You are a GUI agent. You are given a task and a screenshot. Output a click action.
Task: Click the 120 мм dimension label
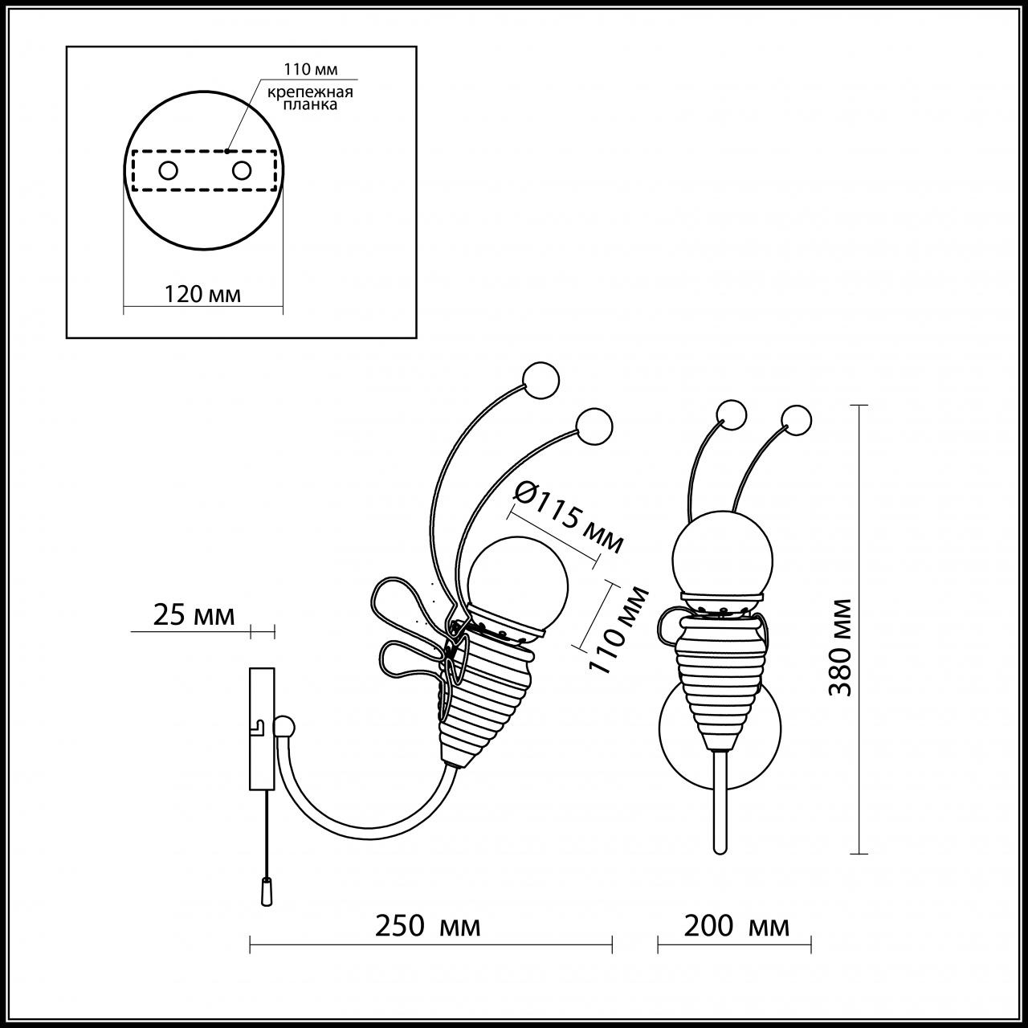point(202,293)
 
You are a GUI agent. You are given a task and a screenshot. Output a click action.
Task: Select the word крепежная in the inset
point(310,92)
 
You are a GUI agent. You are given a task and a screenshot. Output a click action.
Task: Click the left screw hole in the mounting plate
point(169,170)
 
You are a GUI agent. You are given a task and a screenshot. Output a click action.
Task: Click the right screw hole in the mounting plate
point(241,170)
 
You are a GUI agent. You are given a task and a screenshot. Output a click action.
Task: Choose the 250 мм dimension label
point(428,926)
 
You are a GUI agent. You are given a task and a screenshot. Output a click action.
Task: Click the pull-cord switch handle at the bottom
point(266,891)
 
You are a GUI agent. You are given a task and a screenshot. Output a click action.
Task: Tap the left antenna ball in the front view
point(732,414)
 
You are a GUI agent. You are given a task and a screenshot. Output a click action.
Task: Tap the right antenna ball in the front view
point(796,418)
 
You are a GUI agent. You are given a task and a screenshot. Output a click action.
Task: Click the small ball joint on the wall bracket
point(284,728)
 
